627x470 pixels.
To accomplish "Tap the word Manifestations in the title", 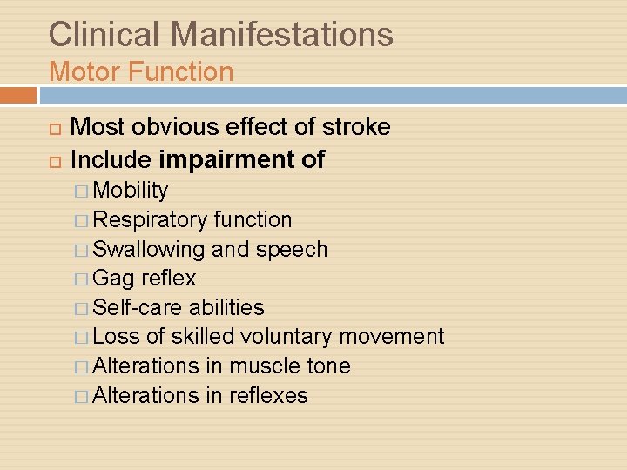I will tap(283, 35).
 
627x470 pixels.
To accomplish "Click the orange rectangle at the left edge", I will tap(18, 94).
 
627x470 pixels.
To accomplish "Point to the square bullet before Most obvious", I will tap(54, 128).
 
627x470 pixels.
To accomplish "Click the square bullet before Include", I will tap(54, 161).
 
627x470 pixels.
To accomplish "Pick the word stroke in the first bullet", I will tap(356, 127).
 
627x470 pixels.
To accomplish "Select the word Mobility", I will tap(131, 191).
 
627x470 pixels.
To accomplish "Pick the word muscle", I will tap(266, 366).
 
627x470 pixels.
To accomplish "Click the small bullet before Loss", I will tap(81, 338).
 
